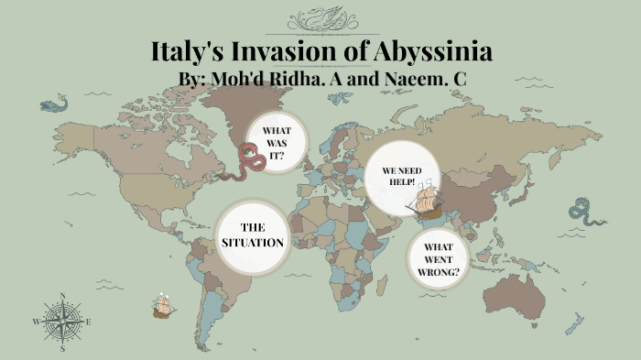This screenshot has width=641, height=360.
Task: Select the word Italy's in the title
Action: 190,51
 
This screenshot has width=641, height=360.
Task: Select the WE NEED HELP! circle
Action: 403,177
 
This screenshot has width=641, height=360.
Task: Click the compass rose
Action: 62,322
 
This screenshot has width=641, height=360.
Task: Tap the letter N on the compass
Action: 62,296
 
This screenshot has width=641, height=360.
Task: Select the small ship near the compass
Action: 163,307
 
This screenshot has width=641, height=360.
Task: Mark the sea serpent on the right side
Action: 586,213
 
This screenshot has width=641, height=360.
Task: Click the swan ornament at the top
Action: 320,17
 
